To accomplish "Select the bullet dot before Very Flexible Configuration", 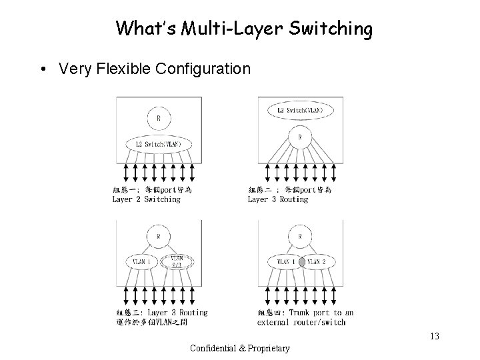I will [x=43, y=69].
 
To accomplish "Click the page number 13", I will [x=435, y=336].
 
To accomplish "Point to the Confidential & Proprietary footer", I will [x=240, y=348].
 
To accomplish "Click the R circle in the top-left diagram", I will [x=158, y=119].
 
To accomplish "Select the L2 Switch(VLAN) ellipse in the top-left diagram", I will [x=158, y=143].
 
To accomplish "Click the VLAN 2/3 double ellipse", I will [x=177, y=262].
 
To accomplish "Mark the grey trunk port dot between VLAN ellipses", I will [x=301, y=263].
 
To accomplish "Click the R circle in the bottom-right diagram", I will [x=301, y=236].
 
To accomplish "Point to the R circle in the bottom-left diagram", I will [x=158, y=236].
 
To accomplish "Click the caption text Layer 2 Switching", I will [x=146, y=199].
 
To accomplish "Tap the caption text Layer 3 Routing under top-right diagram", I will [x=278, y=199].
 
